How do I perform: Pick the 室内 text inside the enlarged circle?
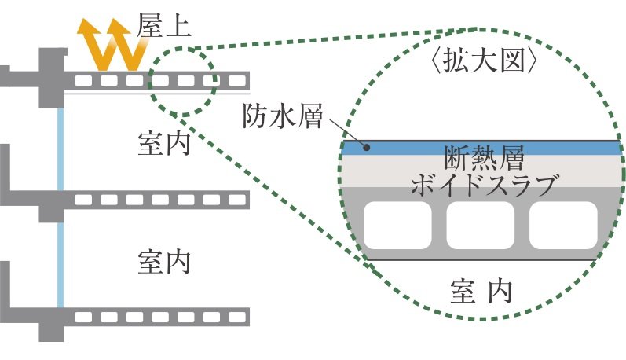tap(481, 292)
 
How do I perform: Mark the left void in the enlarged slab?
tap(399, 226)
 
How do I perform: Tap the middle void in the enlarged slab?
tap(480, 226)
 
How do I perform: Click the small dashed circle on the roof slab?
tap(182, 79)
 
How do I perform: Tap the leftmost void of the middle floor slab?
tap(81, 200)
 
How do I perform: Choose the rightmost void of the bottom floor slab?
tap(235, 315)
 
